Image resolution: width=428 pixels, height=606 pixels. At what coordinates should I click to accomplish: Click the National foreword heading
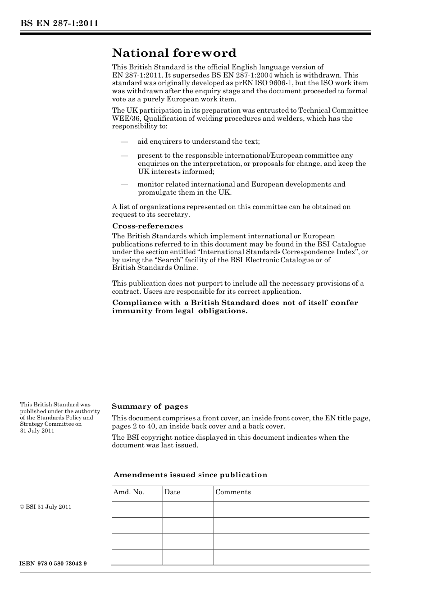click(174, 53)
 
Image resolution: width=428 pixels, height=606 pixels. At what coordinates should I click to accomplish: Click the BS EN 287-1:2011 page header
click(59, 23)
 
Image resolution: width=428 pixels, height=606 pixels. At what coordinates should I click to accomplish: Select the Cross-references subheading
click(147, 226)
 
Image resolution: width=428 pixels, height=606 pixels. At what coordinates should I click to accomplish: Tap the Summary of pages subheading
click(150, 406)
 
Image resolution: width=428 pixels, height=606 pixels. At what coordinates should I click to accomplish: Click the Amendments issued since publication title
click(190, 475)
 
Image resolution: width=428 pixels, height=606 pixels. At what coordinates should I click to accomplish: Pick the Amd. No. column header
click(128, 492)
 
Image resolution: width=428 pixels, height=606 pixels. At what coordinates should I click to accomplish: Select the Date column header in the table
click(172, 492)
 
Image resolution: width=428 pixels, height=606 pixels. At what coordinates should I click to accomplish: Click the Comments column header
click(233, 492)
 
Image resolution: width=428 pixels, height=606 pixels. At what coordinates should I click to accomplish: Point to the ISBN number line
click(53, 564)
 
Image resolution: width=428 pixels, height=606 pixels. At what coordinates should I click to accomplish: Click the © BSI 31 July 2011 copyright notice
click(46, 507)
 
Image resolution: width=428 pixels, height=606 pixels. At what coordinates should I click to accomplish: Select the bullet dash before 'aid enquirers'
click(125, 141)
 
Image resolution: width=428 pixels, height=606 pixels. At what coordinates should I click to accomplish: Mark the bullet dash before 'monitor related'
click(125, 184)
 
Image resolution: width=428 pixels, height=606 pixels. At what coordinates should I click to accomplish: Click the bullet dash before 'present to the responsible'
click(125, 155)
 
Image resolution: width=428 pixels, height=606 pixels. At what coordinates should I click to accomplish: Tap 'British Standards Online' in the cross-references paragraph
click(155, 268)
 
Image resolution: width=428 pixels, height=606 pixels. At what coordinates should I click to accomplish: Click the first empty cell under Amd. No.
click(137, 510)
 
